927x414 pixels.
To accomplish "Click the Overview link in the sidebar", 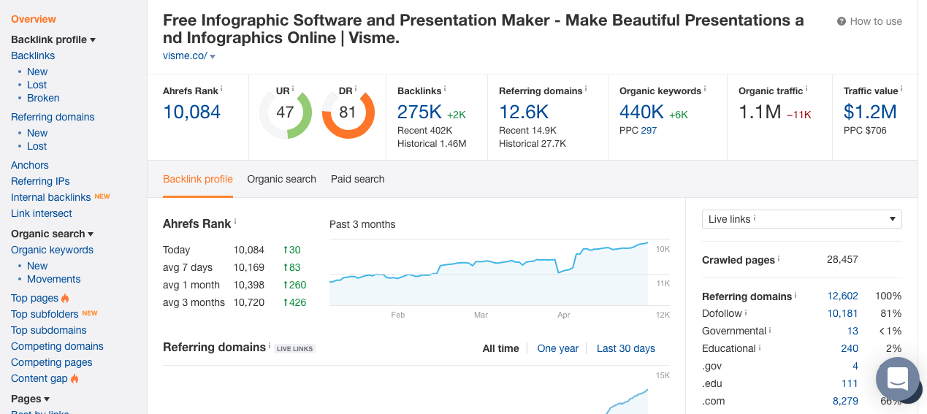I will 34,19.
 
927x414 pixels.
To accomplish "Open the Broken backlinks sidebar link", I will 43,98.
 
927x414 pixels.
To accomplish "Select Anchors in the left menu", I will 30,165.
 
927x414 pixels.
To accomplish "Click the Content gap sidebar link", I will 39,378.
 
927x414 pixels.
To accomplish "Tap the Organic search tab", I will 281,179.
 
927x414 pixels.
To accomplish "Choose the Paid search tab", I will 357,179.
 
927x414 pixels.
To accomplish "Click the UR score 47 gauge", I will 285,112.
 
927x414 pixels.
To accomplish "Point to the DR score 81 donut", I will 348,112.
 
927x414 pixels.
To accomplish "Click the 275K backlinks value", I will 419,112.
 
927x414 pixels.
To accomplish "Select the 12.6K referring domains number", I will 524,112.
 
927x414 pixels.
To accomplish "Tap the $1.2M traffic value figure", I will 869,112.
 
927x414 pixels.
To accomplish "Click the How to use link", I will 870,21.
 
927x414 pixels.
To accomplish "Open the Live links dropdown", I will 801,219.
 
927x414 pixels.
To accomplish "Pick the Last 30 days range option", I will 625,348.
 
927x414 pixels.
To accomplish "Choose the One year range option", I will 557,348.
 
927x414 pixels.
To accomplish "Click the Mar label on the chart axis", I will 481,315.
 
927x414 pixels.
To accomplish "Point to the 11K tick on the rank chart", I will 663,283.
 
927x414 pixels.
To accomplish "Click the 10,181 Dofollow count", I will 842,313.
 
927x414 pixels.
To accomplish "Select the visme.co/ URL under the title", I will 186,55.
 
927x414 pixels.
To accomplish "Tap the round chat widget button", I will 897,378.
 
